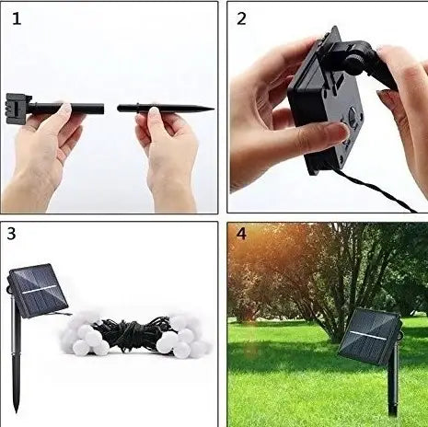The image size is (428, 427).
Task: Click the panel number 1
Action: (17, 18)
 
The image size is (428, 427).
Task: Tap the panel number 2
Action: (241, 18)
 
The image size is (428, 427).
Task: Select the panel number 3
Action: (11, 234)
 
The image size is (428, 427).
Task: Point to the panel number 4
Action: (241, 234)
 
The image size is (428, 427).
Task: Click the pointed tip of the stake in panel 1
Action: (213, 109)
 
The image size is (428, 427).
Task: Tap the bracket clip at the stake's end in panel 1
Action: (18, 109)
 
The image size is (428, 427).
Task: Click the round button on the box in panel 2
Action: (354, 115)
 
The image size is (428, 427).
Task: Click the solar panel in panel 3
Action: (38, 291)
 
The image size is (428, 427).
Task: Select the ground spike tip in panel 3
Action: (16, 410)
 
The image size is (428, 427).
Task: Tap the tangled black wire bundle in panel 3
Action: (132, 334)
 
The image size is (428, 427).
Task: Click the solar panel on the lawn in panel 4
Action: (369, 336)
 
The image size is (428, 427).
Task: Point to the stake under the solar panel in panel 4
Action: (393, 384)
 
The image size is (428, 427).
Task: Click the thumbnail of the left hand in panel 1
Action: (65, 109)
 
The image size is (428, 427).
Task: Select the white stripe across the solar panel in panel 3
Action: (40, 289)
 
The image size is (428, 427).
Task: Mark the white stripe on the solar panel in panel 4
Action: (369, 336)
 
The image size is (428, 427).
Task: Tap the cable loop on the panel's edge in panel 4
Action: (399, 335)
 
